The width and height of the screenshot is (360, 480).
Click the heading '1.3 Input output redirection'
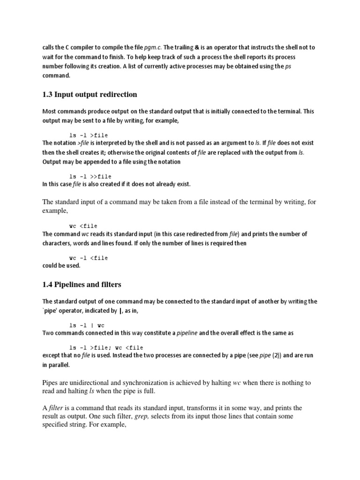90,94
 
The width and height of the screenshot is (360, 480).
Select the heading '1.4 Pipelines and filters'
82,284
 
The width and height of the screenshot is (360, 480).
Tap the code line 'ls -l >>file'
90,176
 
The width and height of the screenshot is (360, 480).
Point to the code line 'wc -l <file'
89,258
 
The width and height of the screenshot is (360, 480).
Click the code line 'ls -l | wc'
87,325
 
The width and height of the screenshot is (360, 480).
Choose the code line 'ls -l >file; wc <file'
106,347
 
